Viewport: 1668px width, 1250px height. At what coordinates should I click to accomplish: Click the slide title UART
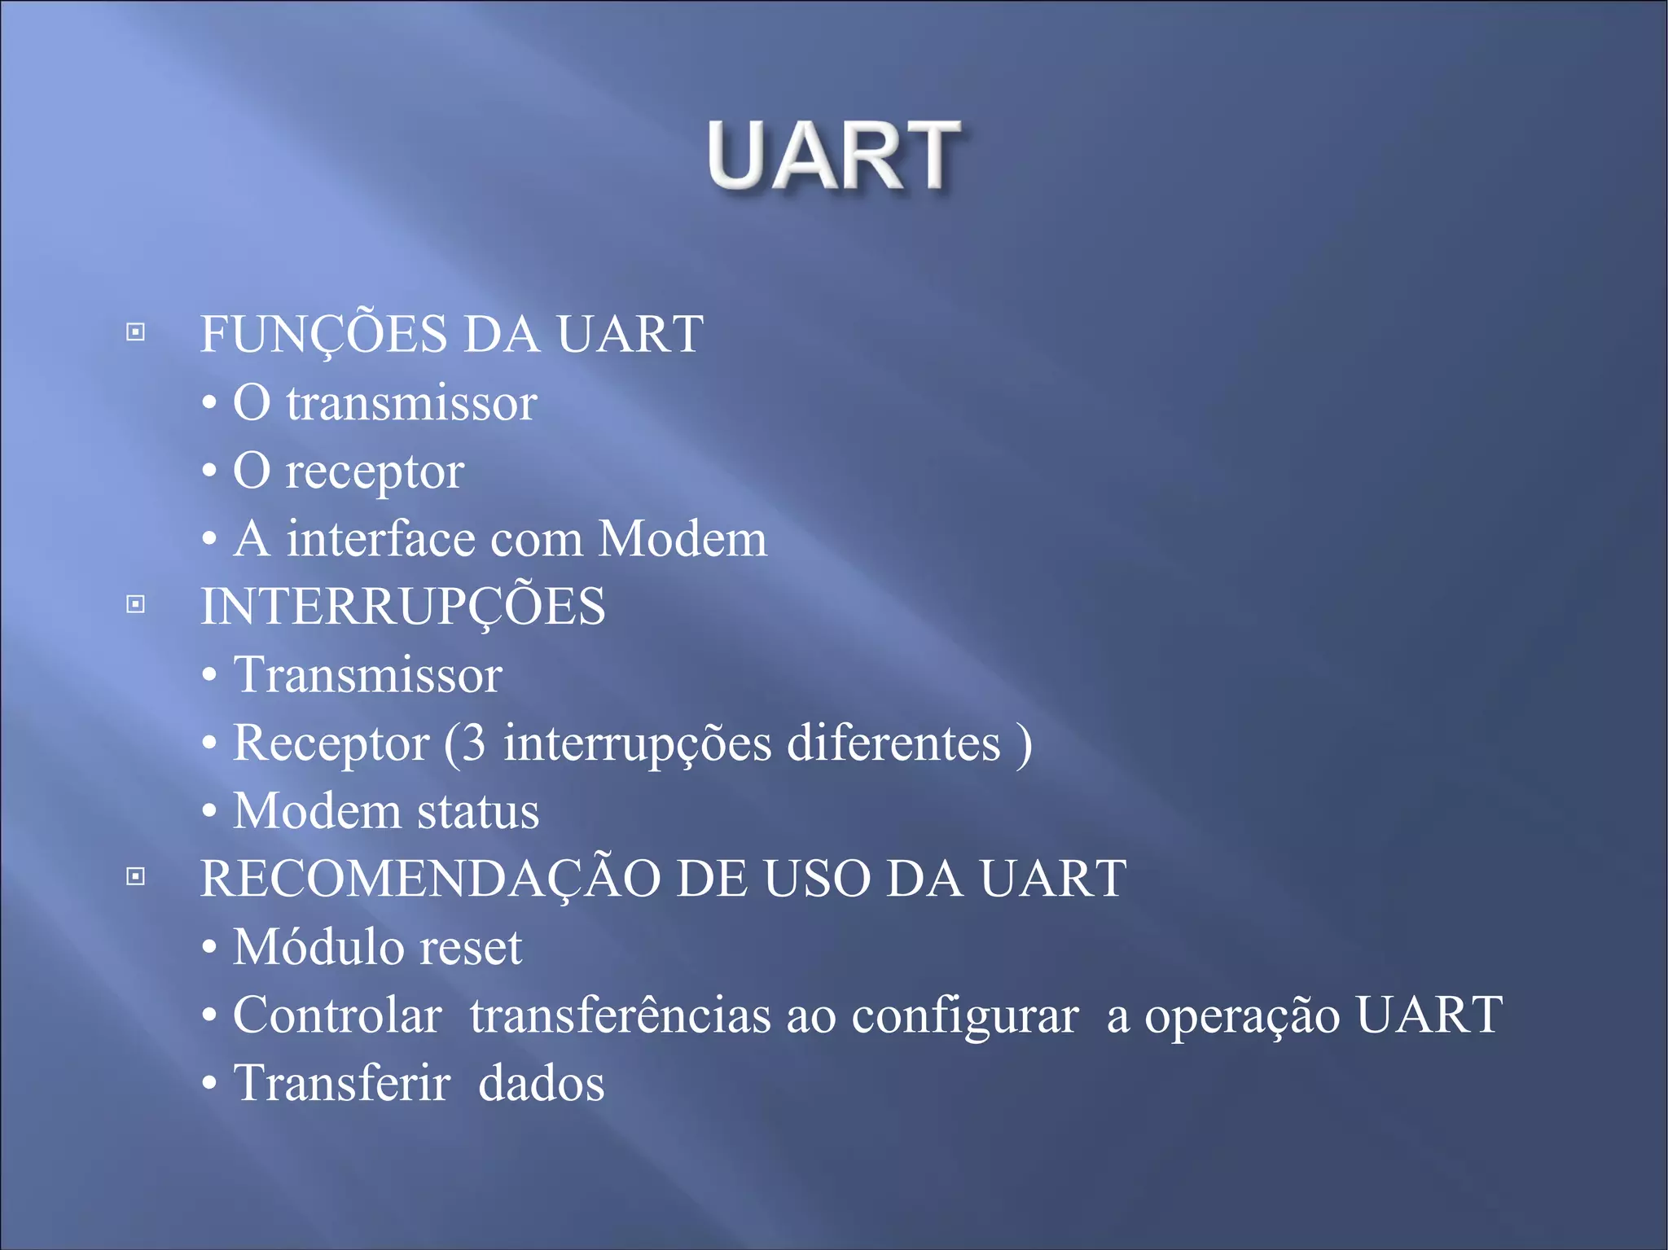(x=833, y=155)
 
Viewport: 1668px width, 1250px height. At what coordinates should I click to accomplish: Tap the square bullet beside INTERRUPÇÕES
(x=136, y=604)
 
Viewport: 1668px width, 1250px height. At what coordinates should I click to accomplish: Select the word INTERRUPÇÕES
(x=403, y=607)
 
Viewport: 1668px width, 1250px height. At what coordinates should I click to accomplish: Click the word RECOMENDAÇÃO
(x=431, y=879)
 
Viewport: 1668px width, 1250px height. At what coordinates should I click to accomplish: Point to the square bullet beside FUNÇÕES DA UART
(x=136, y=332)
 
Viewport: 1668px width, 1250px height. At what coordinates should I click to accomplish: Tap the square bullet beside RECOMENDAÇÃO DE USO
(x=136, y=876)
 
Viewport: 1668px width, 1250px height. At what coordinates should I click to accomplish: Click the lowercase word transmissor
(x=411, y=404)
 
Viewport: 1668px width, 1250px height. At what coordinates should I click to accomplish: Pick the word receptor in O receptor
(x=375, y=472)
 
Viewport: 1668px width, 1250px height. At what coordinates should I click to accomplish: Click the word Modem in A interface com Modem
(x=683, y=539)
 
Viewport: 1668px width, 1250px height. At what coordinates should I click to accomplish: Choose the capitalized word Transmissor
(x=367, y=675)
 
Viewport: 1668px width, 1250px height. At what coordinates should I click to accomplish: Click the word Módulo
(x=318, y=947)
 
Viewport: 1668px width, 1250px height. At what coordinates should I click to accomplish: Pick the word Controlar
(x=337, y=1015)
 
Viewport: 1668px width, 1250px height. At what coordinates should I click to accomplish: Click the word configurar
(x=965, y=1017)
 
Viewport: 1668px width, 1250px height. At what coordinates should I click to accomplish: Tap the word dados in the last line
(x=541, y=1084)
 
